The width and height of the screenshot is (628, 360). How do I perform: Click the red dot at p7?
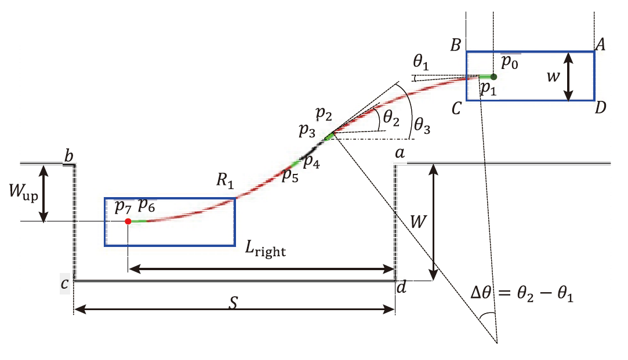coord(128,221)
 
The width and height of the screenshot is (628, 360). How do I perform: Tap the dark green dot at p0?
coord(493,76)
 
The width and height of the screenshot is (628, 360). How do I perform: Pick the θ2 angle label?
coord(391,119)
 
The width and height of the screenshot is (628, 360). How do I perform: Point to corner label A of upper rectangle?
coord(600,45)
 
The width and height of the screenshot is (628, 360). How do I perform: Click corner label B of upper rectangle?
coord(455,45)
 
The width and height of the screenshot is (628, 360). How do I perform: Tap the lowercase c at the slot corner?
coord(64,283)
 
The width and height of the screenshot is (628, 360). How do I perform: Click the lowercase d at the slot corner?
coord(401,286)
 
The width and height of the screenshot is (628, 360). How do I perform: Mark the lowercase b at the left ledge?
coord(69,157)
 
